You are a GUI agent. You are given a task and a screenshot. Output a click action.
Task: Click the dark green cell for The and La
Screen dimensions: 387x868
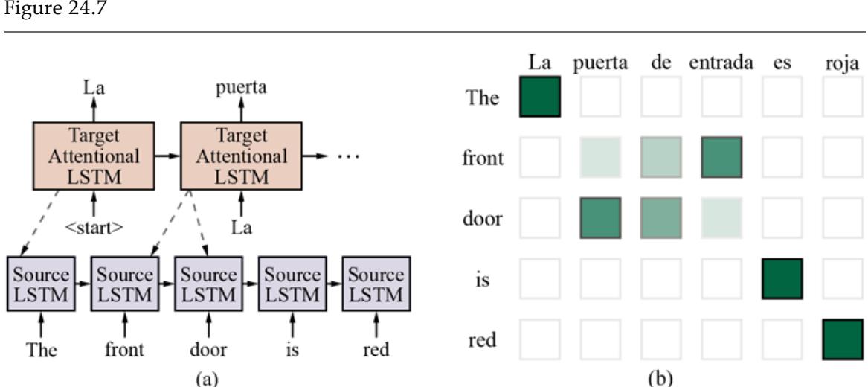pyautogui.click(x=539, y=97)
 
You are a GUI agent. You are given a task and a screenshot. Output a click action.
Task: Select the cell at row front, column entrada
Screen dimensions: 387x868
pyautogui.click(x=721, y=157)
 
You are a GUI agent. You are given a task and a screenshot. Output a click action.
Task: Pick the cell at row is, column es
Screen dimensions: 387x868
pyautogui.click(x=782, y=278)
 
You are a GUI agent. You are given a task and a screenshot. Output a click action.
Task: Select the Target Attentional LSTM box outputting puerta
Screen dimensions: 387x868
pyautogui.click(x=241, y=157)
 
